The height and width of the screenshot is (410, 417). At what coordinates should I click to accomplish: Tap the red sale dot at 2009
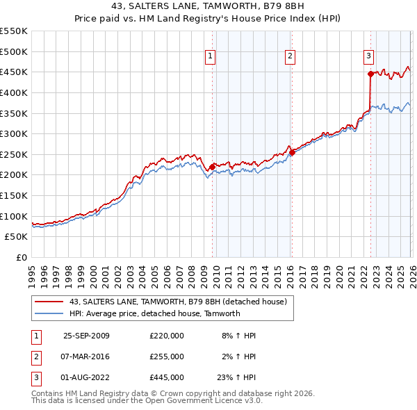point(212,167)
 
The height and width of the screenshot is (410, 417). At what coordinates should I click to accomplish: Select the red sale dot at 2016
point(292,153)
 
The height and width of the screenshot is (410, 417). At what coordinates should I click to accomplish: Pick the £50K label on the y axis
point(17,237)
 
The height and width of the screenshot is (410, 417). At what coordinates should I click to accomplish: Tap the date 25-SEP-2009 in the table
point(86,336)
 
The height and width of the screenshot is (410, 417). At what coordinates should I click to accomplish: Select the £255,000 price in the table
point(167,356)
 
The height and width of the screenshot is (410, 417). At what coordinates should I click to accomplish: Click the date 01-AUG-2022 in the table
point(86,377)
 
